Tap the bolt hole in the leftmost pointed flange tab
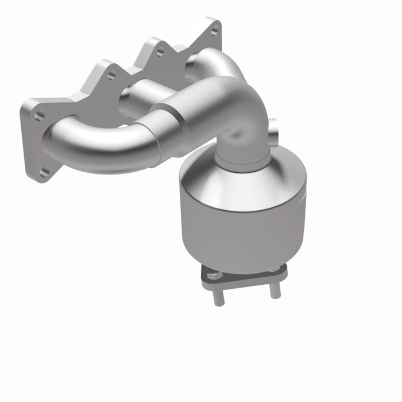tap(111, 75)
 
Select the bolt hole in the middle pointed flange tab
tap(160, 51)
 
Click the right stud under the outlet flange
tap(275, 288)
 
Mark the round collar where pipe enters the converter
tap(241, 158)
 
